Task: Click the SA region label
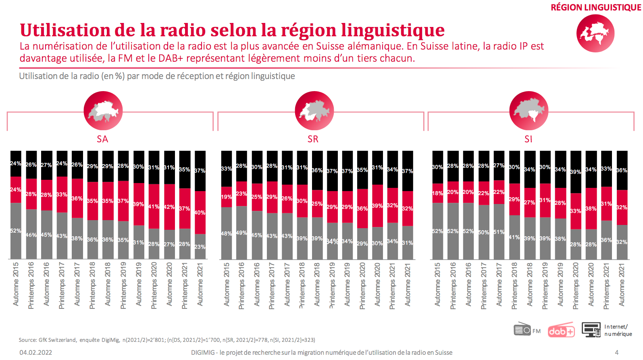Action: (x=102, y=139)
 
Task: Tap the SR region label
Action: (x=313, y=139)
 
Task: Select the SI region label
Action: (x=528, y=139)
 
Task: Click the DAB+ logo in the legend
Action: (x=561, y=331)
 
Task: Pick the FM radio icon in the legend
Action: (x=522, y=329)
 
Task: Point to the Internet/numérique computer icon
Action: (x=591, y=329)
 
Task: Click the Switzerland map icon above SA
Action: (x=103, y=110)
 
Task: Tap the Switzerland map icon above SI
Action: (x=529, y=110)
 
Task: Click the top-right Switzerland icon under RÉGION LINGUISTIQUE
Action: (x=595, y=33)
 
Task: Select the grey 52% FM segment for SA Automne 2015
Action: (x=16, y=231)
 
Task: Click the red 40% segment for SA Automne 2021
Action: (x=200, y=212)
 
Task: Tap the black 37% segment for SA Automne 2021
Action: (x=200, y=171)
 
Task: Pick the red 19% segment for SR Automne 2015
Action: (x=227, y=197)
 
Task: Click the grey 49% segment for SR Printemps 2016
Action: (x=242, y=233)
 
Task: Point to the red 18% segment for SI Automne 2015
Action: (x=437, y=194)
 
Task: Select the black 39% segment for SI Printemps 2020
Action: (x=576, y=172)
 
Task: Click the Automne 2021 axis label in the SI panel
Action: (x=622, y=285)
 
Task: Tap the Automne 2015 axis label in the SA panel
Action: (x=16, y=284)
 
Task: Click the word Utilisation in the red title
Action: (x=65, y=30)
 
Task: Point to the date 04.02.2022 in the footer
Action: (x=36, y=352)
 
